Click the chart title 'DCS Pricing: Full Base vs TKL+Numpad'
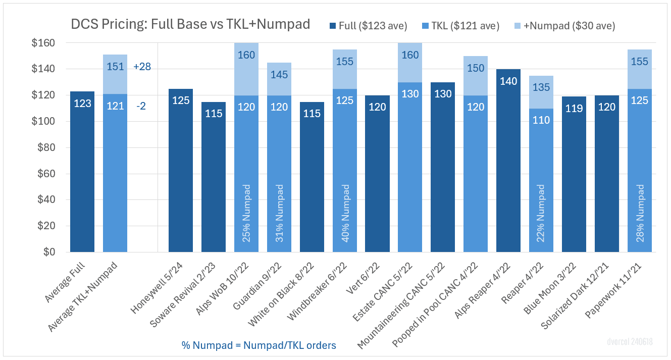(x=190, y=25)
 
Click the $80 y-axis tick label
(x=49, y=148)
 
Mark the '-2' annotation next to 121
(x=141, y=107)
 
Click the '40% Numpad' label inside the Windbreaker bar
(x=345, y=213)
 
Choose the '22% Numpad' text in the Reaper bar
(x=541, y=213)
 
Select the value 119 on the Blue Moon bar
(x=574, y=109)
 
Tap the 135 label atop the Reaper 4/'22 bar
(x=541, y=87)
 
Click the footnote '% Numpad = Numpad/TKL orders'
(x=259, y=345)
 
